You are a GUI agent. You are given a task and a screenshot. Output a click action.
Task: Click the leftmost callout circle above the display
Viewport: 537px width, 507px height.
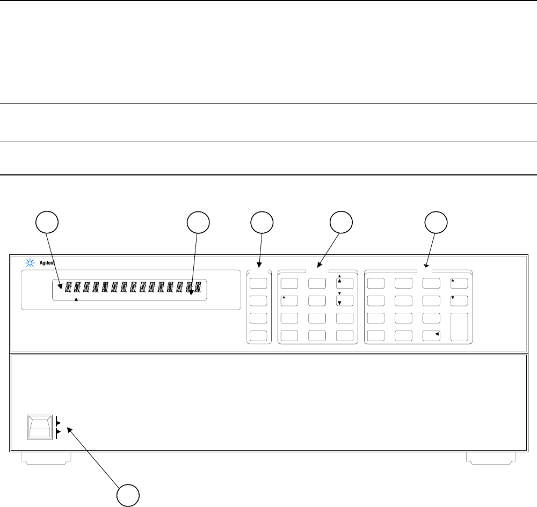click(x=46, y=222)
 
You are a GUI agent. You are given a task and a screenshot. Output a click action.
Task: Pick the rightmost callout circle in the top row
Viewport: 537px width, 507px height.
click(x=436, y=222)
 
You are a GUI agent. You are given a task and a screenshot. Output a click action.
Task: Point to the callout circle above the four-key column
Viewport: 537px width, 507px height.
click(x=262, y=222)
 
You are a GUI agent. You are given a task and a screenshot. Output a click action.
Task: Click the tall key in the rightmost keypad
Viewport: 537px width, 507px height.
click(x=459, y=327)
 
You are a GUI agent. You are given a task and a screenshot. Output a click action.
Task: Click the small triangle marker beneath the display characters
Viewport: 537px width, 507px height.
click(x=76, y=300)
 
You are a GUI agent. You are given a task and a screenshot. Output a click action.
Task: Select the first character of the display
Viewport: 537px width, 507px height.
click(x=68, y=288)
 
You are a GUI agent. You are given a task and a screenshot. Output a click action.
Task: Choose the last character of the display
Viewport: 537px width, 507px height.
click(x=199, y=288)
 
